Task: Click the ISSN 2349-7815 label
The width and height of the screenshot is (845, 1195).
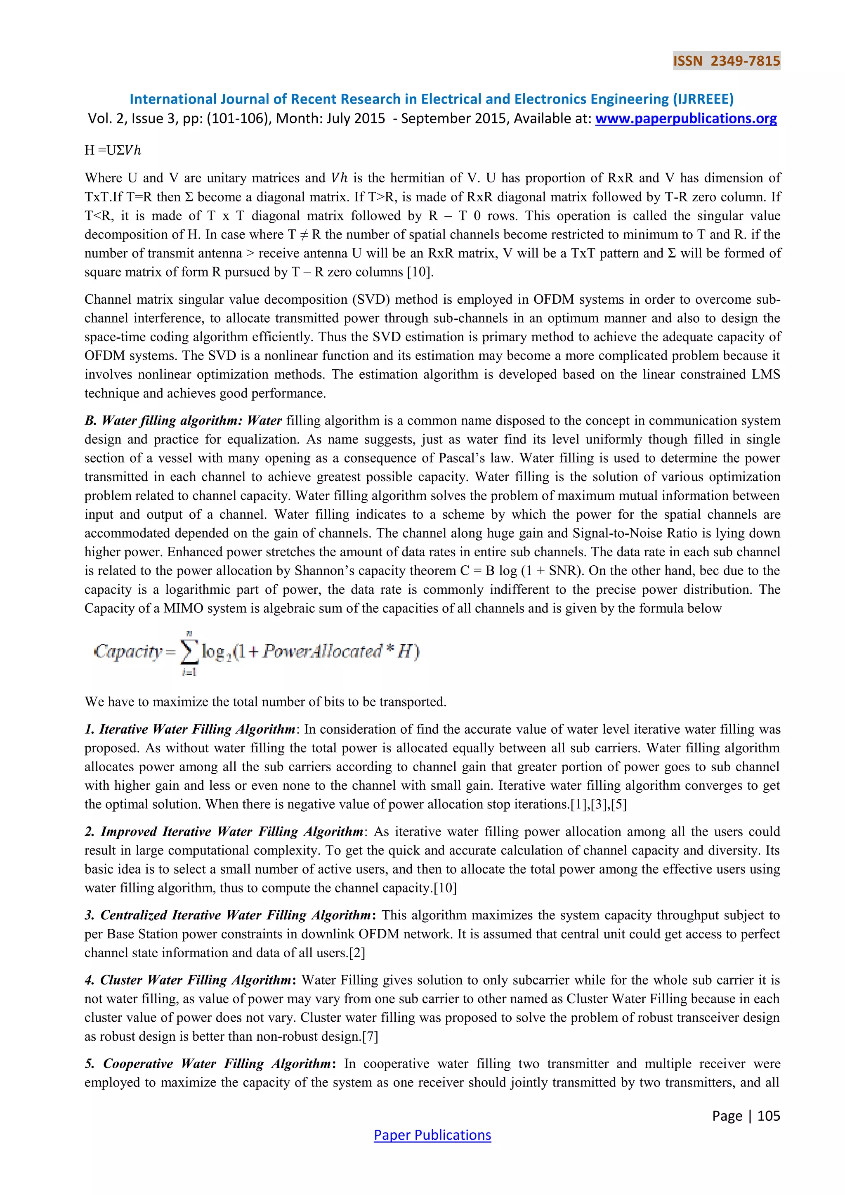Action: click(726, 61)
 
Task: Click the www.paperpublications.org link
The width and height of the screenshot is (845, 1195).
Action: click(686, 119)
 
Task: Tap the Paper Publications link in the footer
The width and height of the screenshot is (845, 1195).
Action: click(432, 1135)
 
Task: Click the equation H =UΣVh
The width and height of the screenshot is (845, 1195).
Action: click(113, 151)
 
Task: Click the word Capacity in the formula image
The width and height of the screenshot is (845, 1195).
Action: click(128, 651)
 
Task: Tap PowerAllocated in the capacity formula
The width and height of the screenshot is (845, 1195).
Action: click(323, 651)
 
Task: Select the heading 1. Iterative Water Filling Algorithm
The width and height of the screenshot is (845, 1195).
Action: click(191, 729)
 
